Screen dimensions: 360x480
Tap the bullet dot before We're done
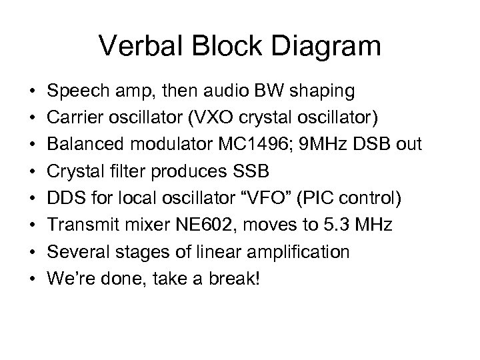pyautogui.click(x=32, y=279)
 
